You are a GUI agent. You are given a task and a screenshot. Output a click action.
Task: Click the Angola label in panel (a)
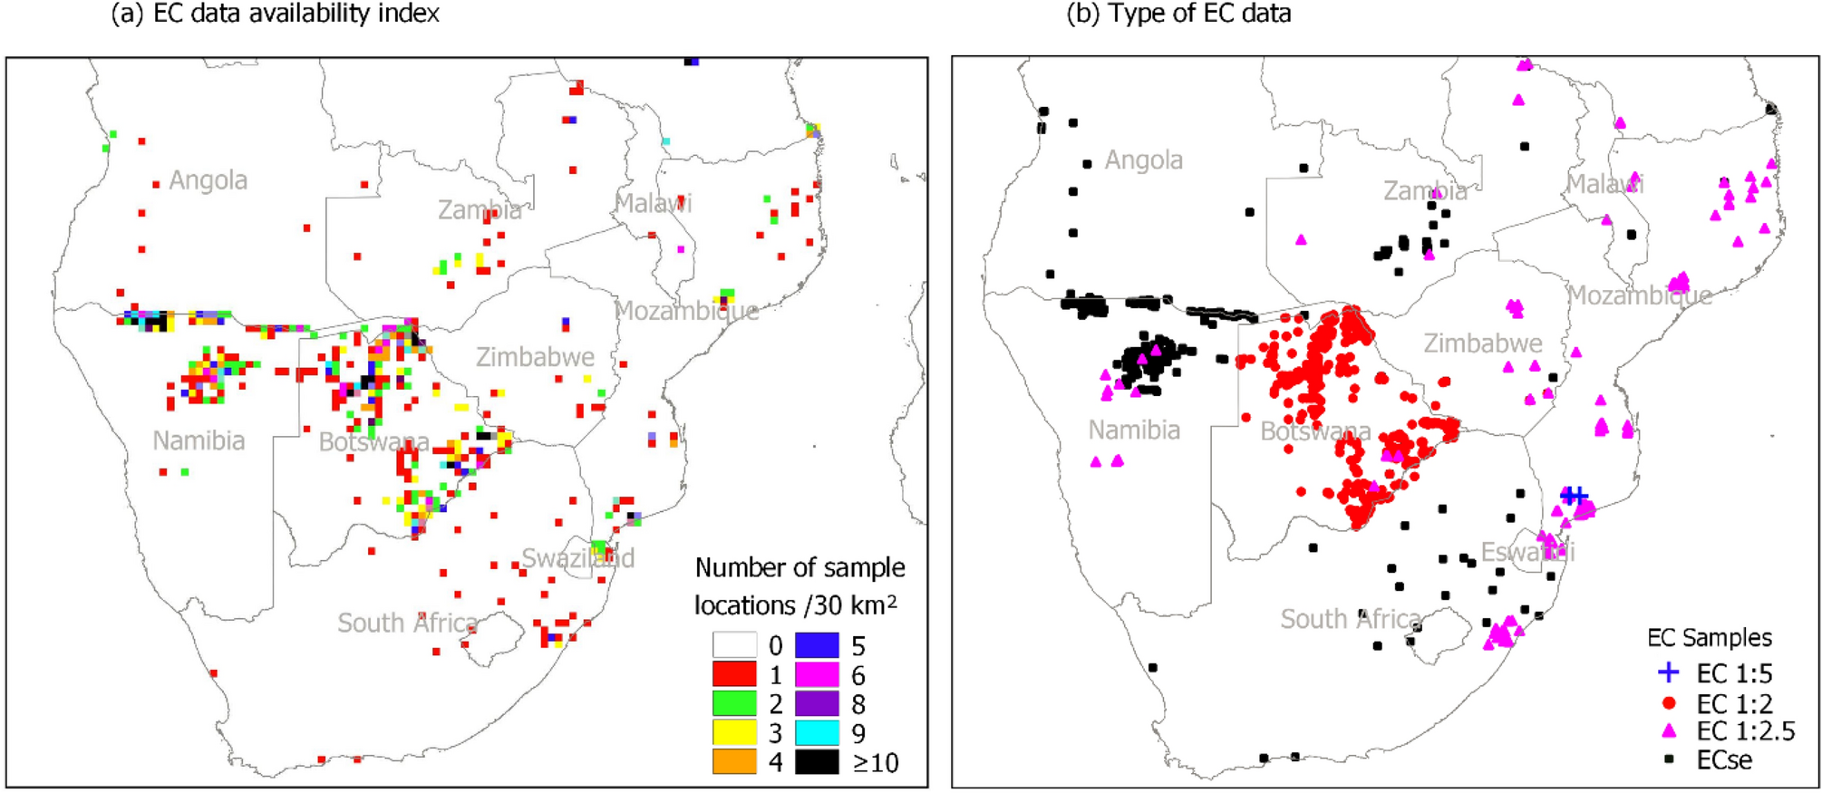click(x=208, y=180)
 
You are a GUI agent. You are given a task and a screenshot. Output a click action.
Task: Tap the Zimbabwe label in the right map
click(x=1482, y=343)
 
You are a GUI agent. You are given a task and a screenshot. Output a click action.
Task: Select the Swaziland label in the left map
click(x=577, y=557)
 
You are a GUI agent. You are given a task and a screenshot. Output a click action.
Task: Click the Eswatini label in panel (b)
click(x=1527, y=551)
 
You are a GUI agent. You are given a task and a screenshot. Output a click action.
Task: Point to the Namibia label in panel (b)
click(x=1134, y=430)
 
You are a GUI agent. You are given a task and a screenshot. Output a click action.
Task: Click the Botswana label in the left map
click(x=373, y=442)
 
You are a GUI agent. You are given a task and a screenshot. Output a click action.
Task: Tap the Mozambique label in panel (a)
click(x=686, y=311)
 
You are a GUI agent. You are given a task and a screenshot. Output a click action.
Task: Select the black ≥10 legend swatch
click(x=817, y=761)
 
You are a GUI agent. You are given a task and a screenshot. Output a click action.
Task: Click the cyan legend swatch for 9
click(x=817, y=732)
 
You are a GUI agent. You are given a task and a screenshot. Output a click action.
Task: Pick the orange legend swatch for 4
click(x=734, y=761)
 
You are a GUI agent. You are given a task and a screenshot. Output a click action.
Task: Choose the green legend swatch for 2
click(x=734, y=703)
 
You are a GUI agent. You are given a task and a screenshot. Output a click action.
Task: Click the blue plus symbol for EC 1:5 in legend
click(x=1668, y=672)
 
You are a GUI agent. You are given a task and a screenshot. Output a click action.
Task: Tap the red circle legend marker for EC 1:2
click(x=1668, y=702)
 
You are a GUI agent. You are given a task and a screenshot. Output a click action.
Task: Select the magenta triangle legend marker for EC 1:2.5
click(x=1668, y=730)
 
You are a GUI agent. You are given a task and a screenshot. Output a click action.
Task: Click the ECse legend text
click(x=1724, y=759)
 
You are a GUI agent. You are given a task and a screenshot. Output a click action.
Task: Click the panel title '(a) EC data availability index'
click(x=275, y=14)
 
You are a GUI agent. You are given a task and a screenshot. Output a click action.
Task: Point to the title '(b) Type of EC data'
click(x=1178, y=14)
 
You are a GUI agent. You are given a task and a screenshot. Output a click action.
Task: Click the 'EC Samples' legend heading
click(x=1709, y=637)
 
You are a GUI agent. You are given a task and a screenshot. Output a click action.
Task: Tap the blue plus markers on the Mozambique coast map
click(x=1574, y=495)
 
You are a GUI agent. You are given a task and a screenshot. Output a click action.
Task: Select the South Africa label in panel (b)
click(x=1350, y=619)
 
